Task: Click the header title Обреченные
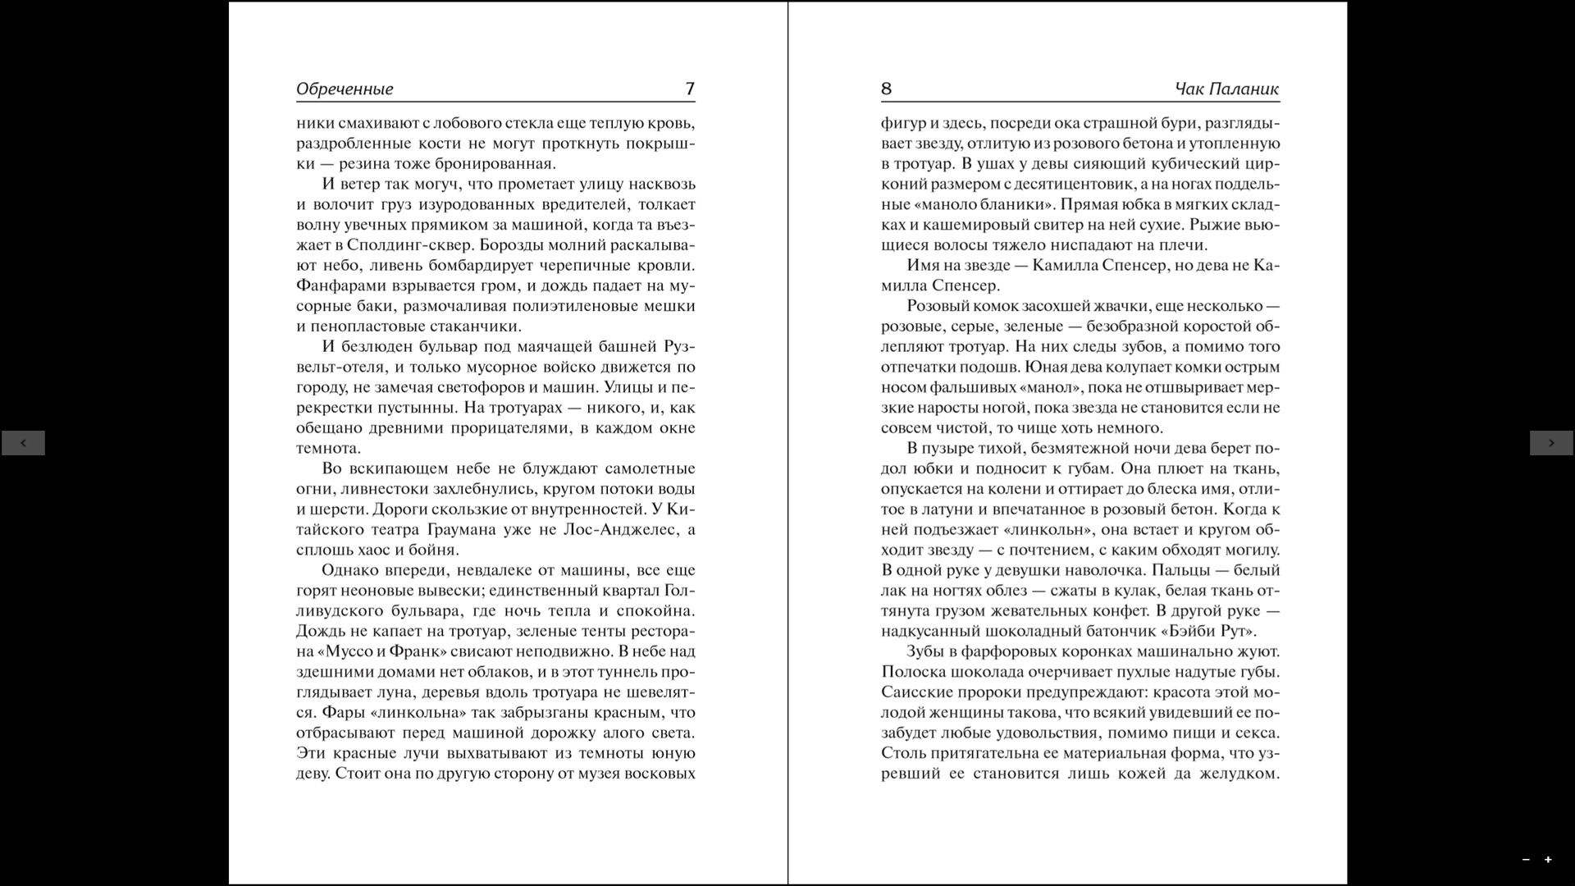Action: tap(345, 89)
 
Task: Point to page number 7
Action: tap(689, 89)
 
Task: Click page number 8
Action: tap(886, 89)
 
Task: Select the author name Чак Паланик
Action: tap(1226, 89)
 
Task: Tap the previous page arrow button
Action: tap(23, 443)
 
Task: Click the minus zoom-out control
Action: tap(1526, 860)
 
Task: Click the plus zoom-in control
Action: tap(1548, 860)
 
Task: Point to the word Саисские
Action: tap(915, 692)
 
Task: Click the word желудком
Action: tap(1239, 774)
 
